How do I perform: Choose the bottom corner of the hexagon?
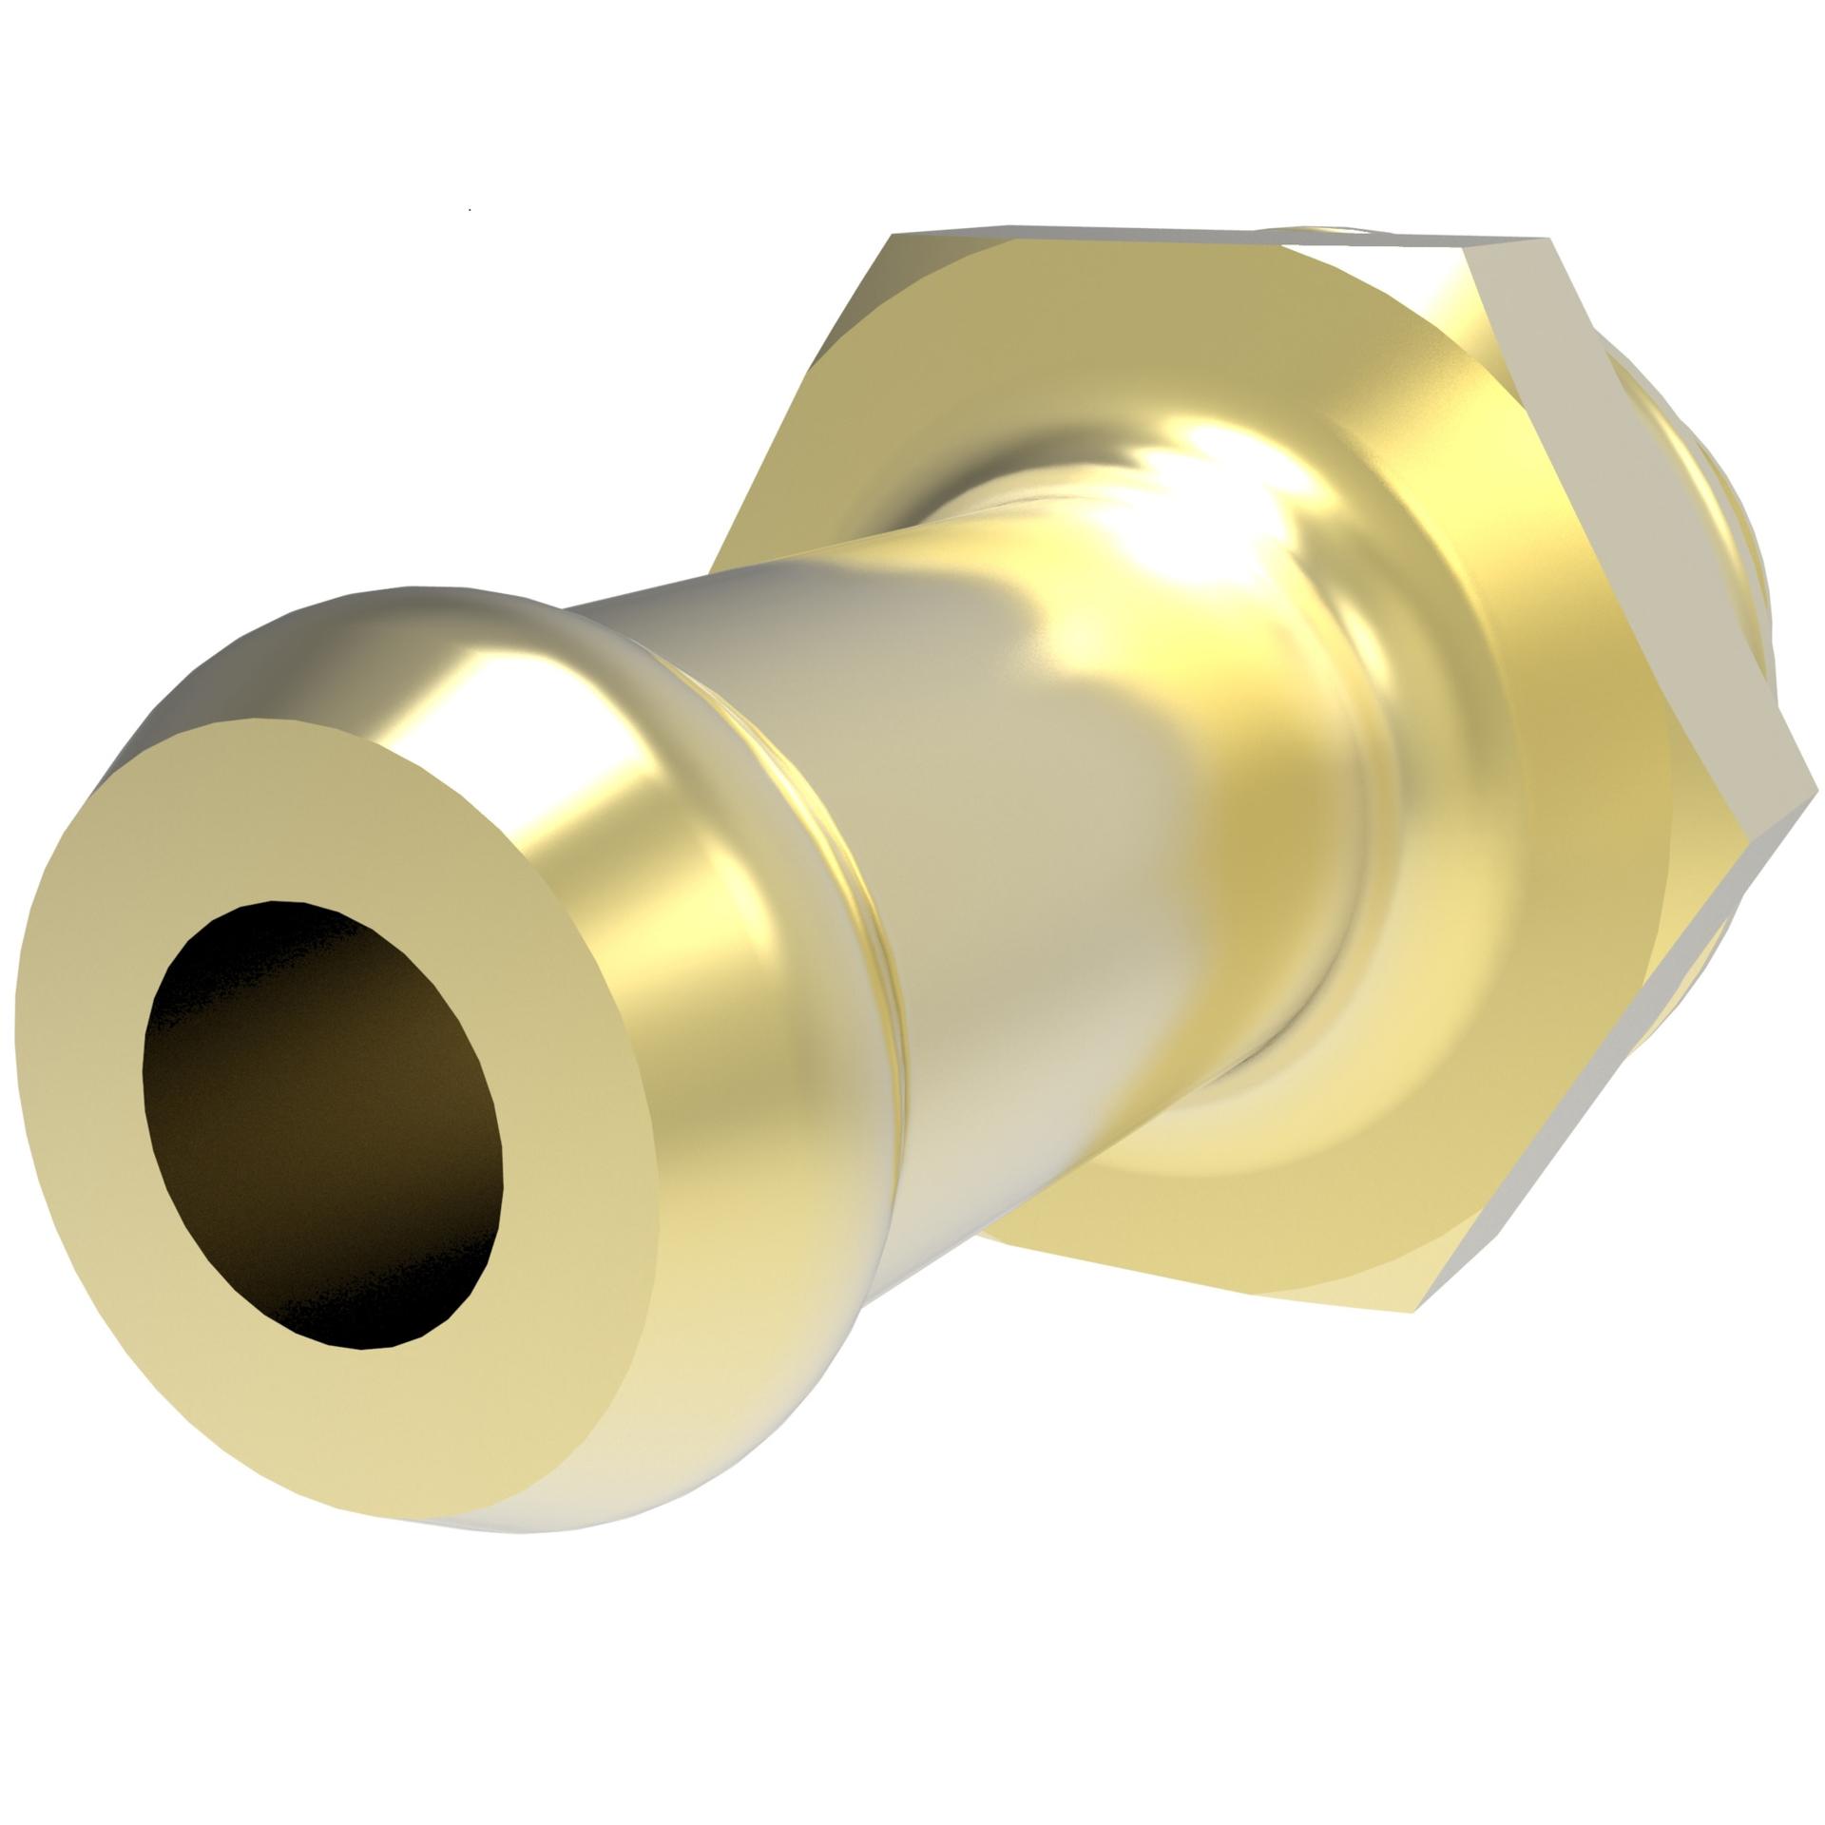pos(1416,1312)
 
